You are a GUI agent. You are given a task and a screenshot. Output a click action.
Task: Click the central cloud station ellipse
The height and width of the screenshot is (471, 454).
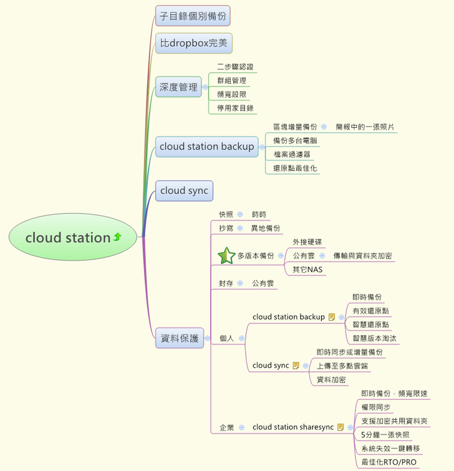(x=72, y=237)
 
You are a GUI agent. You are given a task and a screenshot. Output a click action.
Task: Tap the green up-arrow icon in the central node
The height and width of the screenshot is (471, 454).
(x=117, y=237)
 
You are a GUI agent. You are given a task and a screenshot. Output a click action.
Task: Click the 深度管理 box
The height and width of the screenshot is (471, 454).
(x=178, y=87)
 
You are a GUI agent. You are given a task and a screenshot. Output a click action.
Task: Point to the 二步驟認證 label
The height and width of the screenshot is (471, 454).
(x=235, y=67)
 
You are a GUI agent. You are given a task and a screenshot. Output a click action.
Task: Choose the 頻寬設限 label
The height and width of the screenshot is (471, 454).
(x=231, y=94)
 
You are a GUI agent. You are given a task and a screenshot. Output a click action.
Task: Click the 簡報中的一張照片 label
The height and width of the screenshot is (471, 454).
(x=365, y=126)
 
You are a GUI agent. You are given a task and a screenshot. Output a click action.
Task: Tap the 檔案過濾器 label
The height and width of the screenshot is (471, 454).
(x=291, y=154)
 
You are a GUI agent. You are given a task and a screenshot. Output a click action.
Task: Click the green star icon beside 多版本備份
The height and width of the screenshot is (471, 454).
(x=225, y=255)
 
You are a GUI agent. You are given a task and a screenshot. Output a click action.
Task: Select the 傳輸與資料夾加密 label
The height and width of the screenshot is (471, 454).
(x=362, y=255)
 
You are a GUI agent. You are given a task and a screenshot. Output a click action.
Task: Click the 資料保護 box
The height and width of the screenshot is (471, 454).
(x=180, y=338)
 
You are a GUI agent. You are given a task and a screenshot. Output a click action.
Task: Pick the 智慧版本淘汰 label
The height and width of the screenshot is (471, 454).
(x=375, y=338)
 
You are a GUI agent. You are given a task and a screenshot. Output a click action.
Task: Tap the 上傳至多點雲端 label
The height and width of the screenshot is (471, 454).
(x=342, y=366)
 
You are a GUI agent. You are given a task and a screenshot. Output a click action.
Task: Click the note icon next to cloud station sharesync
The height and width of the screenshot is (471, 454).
(x=341, y=427)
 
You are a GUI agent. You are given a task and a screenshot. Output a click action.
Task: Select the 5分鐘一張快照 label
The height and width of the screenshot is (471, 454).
(x=385, y=435)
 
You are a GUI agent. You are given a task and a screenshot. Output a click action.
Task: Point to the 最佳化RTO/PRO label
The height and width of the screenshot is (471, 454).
(x=389, y=462)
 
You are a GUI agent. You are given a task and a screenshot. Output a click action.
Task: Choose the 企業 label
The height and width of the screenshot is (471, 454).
(x=226, y=427)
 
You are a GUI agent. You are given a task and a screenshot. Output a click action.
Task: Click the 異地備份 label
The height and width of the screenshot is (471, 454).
(x=266, y=228)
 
